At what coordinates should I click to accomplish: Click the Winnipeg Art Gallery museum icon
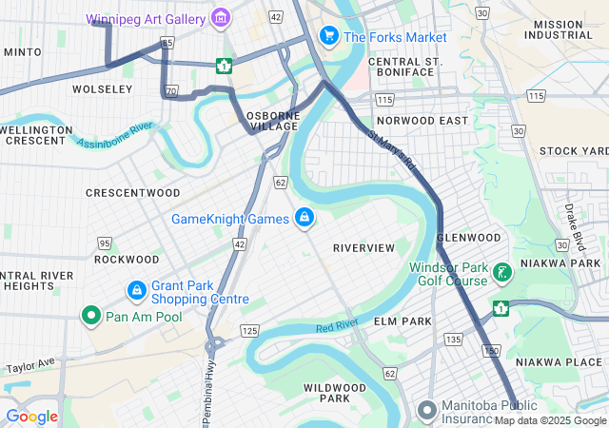click(x=221, y=16)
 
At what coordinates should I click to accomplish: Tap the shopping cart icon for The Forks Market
click(x=329, y=36)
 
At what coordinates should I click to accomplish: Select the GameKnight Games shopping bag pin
click(x=304, y=218)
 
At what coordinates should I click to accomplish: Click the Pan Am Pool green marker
click(x=91, y=315)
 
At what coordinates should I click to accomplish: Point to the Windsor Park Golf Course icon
click(x=502, y=274)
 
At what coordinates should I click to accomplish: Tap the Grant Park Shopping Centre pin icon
click(x=137, y=288)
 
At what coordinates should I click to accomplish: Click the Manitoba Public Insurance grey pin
click(x=427, y=410)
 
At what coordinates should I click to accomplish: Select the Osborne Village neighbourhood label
click(x=273, y=122)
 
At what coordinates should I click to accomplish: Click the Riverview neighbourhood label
click(x=363, y=248)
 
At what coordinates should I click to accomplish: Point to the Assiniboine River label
click(x=115, y=134)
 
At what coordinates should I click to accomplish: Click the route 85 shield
click(x=167, y=43)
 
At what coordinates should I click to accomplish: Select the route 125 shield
click(x=249, y=330)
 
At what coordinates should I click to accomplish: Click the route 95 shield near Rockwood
click(x=104, y=243)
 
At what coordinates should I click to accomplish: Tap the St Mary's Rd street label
click(x=392, y=151)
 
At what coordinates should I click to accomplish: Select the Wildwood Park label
click(x=334, y=393)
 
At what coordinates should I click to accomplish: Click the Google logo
click(x=31, y=416)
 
